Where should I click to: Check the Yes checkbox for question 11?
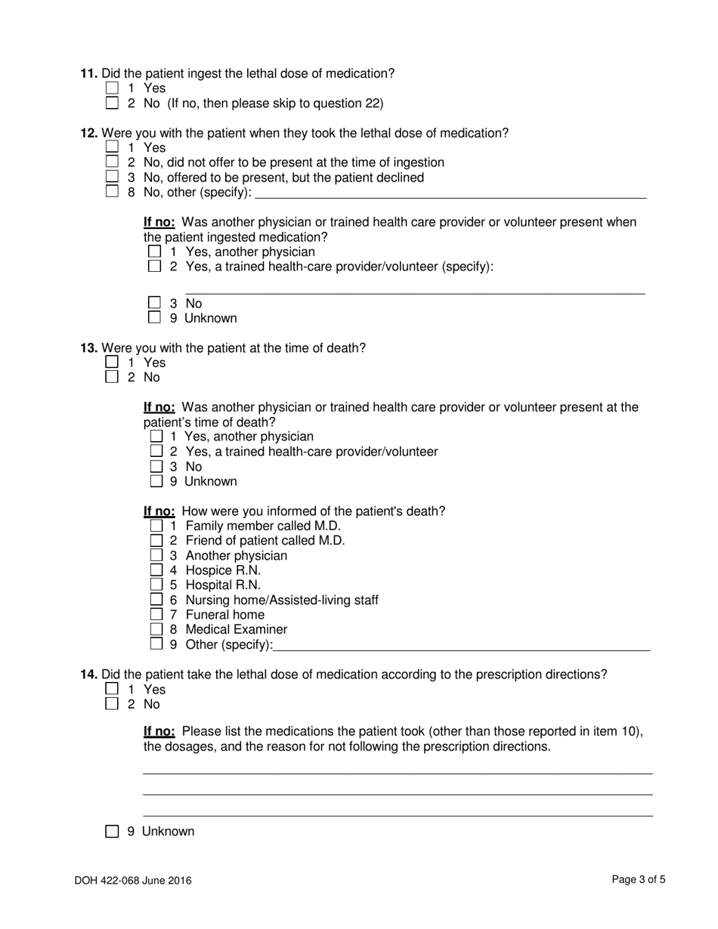[113, 88]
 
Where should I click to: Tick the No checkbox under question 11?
[113, 103]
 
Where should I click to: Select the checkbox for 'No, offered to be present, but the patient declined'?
[113, 177]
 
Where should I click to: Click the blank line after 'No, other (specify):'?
[450, 193]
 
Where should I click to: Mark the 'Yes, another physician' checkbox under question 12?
[155, 252]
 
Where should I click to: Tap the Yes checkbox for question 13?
[113, 362]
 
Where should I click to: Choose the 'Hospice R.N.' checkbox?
[156, 570]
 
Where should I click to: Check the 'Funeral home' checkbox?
[156, 614]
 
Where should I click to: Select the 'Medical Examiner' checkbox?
[156, 629]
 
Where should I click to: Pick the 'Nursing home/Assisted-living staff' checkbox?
[156, 600]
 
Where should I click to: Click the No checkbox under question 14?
[113, 704]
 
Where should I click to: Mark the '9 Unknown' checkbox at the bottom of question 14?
[113, 832]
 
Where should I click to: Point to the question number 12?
[89, 133]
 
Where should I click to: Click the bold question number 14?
[89, 674]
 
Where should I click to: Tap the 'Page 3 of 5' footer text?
[639, 879]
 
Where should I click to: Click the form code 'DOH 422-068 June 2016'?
[133, 880]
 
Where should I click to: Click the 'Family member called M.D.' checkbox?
[156, 526]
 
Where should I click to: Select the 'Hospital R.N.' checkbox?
[156, 585]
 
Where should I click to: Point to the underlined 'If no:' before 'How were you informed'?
[159, 511]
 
